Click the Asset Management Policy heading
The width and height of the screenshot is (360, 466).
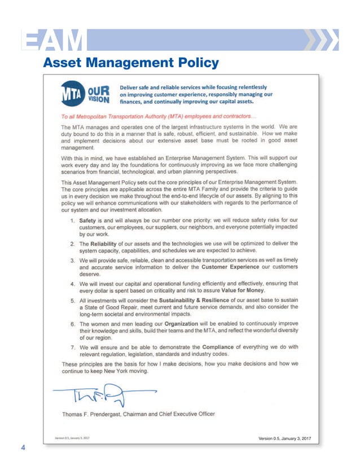tap(131, 62)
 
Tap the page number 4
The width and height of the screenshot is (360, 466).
tap(23, 448)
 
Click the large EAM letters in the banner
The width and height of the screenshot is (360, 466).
tap(53, 39)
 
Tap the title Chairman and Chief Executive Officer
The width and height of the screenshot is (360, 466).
tap(174, 414)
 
